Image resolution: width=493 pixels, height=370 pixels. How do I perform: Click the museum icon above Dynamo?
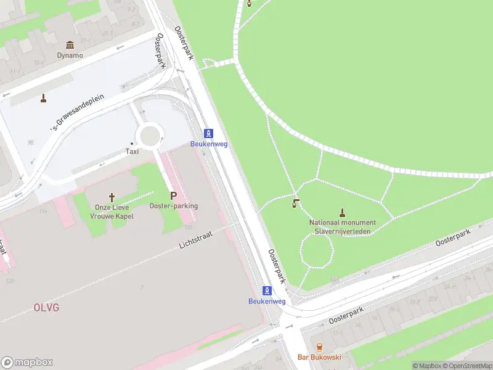pos(70,45)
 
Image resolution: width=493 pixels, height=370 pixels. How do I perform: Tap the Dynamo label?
pos(70,55)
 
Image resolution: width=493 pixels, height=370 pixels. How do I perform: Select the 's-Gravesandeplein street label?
pos(78,113)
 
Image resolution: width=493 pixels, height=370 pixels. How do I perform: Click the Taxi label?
pos(132,151)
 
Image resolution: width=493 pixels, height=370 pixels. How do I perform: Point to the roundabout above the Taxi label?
pos(150,133)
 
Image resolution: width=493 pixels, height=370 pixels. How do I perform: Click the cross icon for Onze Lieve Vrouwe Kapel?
pos(112,197)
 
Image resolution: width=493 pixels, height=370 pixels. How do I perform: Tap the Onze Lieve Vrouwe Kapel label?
pos(112,212)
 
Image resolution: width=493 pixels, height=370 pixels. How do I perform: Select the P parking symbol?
pos(173,195)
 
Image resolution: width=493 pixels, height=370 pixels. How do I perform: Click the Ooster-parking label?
pos(173,206)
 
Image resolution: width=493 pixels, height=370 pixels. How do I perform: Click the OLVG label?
pos(46,307)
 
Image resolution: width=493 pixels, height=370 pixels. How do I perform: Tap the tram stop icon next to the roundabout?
pos(209,134)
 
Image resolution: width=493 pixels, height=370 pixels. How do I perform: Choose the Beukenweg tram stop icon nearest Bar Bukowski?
pos(267,290)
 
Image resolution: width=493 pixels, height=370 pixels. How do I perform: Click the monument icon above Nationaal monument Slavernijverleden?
pos(342,212)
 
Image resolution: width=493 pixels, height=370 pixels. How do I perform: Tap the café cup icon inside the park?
pos(296,203)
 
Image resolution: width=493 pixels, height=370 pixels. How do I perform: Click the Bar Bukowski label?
pos(319,357)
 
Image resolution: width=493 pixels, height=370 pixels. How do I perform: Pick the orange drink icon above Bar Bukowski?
pos(319,347)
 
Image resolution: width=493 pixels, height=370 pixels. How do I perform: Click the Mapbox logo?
pos(27,363)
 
